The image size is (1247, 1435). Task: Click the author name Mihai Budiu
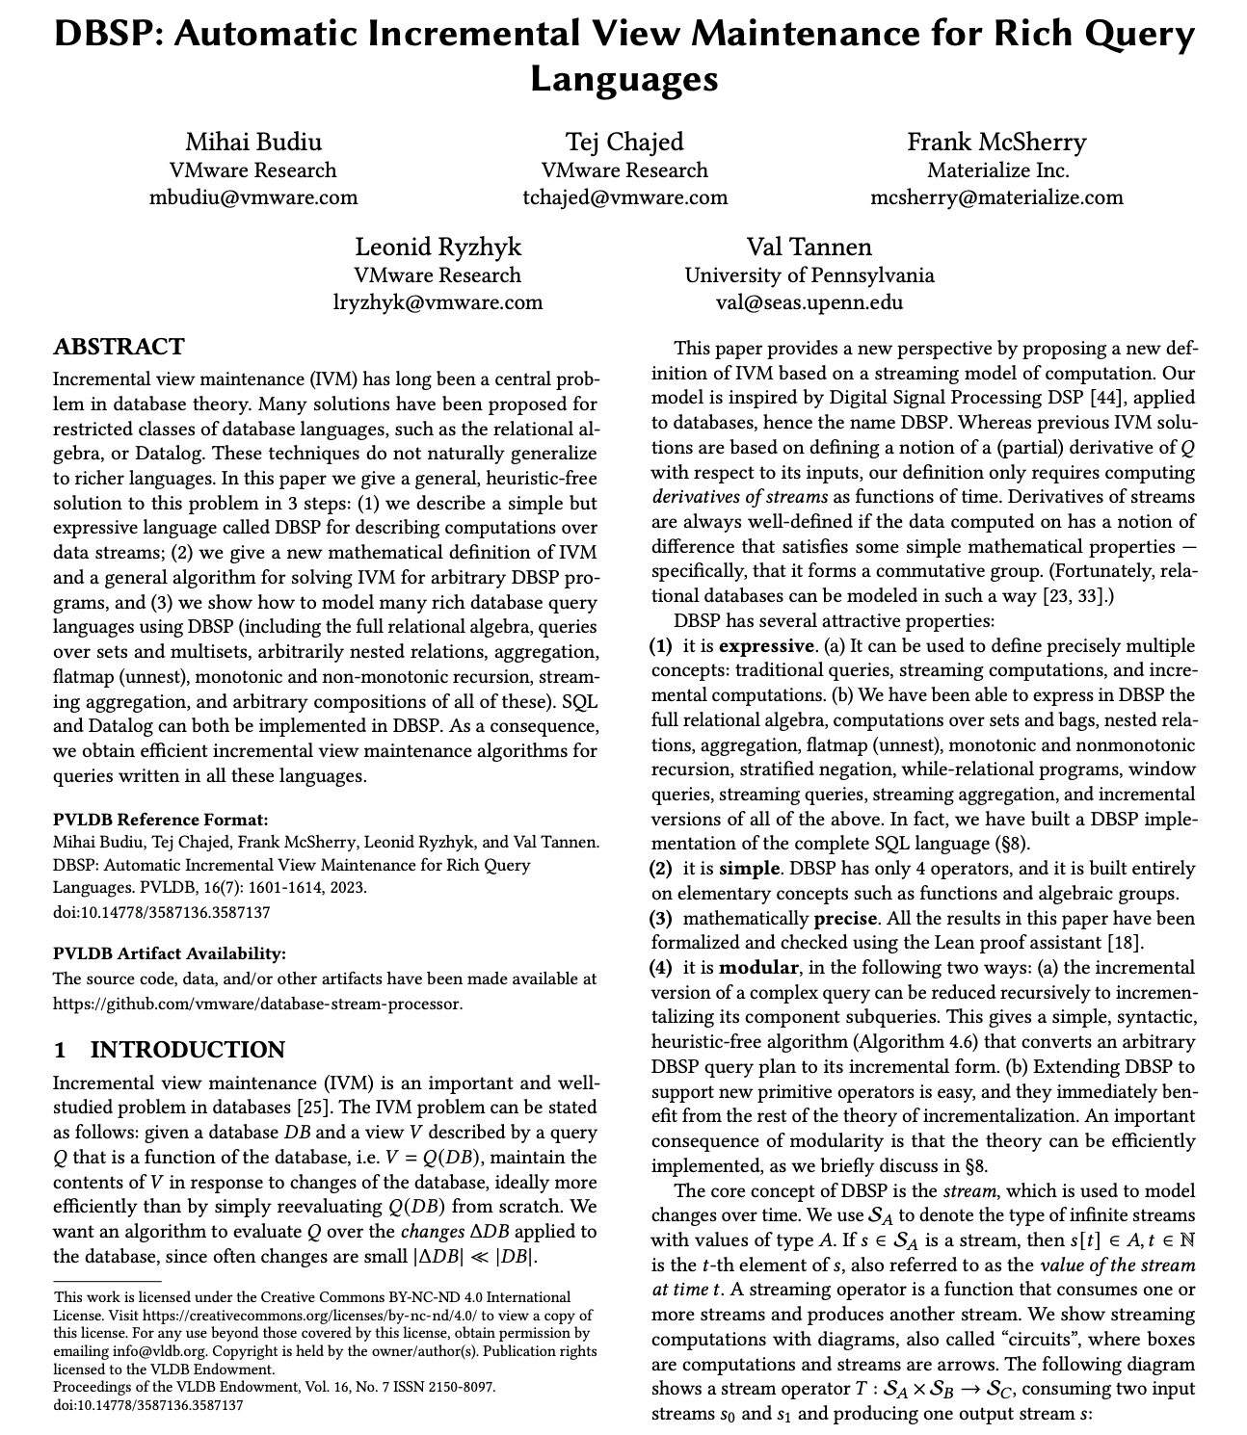point(252,143)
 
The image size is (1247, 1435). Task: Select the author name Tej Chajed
point(623,143)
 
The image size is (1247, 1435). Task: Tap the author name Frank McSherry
point(995,143)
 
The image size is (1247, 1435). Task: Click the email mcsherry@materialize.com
point(995,197)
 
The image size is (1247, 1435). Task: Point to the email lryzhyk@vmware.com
point(438,302)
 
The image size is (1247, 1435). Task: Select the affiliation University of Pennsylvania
point(809,275)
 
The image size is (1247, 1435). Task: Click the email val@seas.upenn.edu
point(809,302)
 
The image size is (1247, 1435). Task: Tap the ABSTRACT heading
point(119,347)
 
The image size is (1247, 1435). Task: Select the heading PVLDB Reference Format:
point(160,820)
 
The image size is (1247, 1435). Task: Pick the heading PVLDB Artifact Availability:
point(170,953)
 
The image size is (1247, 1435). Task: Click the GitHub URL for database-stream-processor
point(257,1004)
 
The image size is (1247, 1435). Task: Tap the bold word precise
point(845,918)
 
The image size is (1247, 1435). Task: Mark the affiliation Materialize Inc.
point(997,170)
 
